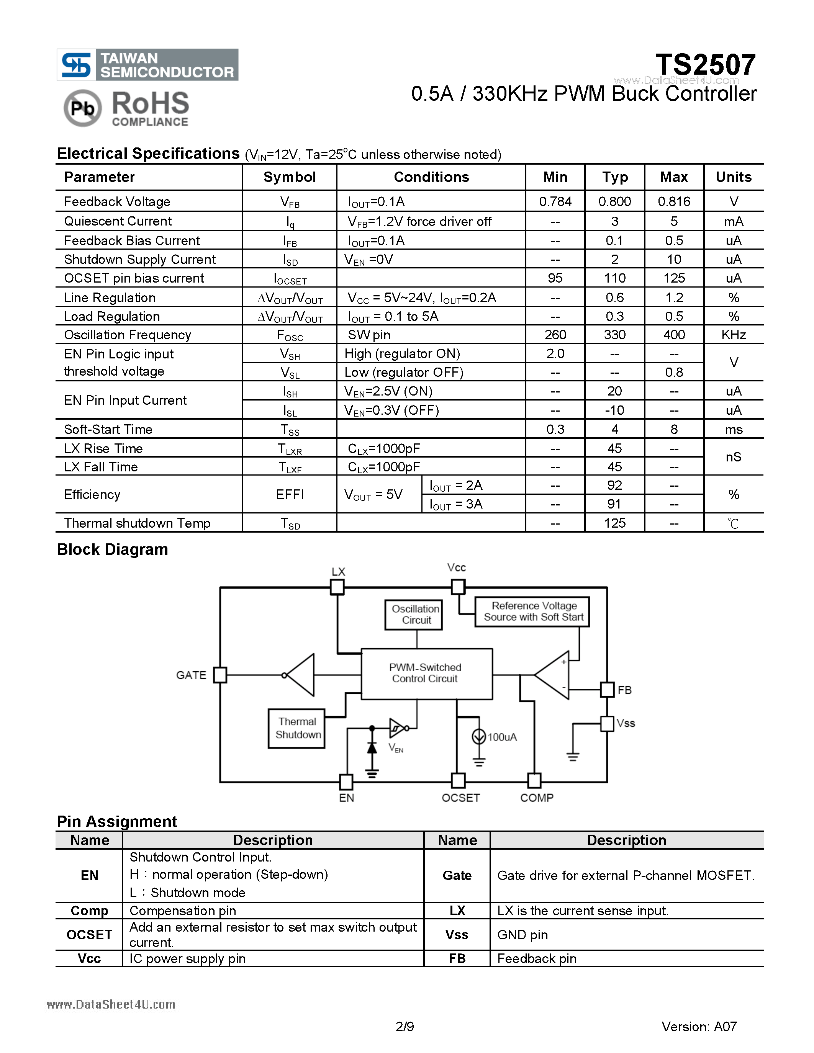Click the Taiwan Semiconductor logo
point(147,65)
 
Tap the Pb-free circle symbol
point(82,108)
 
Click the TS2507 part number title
point(705,65)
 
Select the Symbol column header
point(289,177)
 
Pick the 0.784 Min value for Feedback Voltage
point(555,201)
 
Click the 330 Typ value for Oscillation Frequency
point(614,335)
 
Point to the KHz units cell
point(733,335)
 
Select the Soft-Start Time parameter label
point(108,429)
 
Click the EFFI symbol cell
point(289,494)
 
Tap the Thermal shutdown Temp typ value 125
point(614,523)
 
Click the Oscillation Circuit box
point(414,615)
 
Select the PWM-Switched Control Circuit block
point(426,674)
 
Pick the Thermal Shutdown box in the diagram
point(296,728)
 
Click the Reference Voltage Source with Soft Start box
point(532,612)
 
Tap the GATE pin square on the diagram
point(220,675)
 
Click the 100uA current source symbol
point(478,736)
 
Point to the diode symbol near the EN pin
point(372,747)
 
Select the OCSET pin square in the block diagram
point(458,780)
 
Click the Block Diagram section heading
point(112,549)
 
